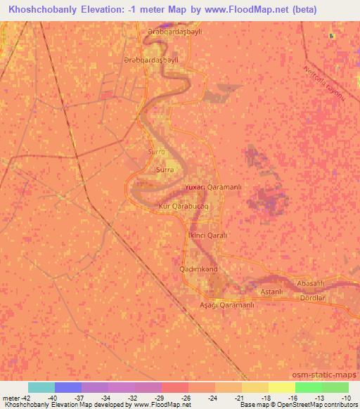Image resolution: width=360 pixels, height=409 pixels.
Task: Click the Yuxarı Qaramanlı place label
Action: pos(212,187)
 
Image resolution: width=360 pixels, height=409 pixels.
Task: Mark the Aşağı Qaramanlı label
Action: pos(227,305)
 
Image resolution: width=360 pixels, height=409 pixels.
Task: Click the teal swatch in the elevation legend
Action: pos(41,387)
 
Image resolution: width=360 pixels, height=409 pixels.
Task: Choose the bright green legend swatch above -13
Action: pos(308,387)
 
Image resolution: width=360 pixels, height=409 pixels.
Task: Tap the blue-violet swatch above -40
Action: pos(68,387)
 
